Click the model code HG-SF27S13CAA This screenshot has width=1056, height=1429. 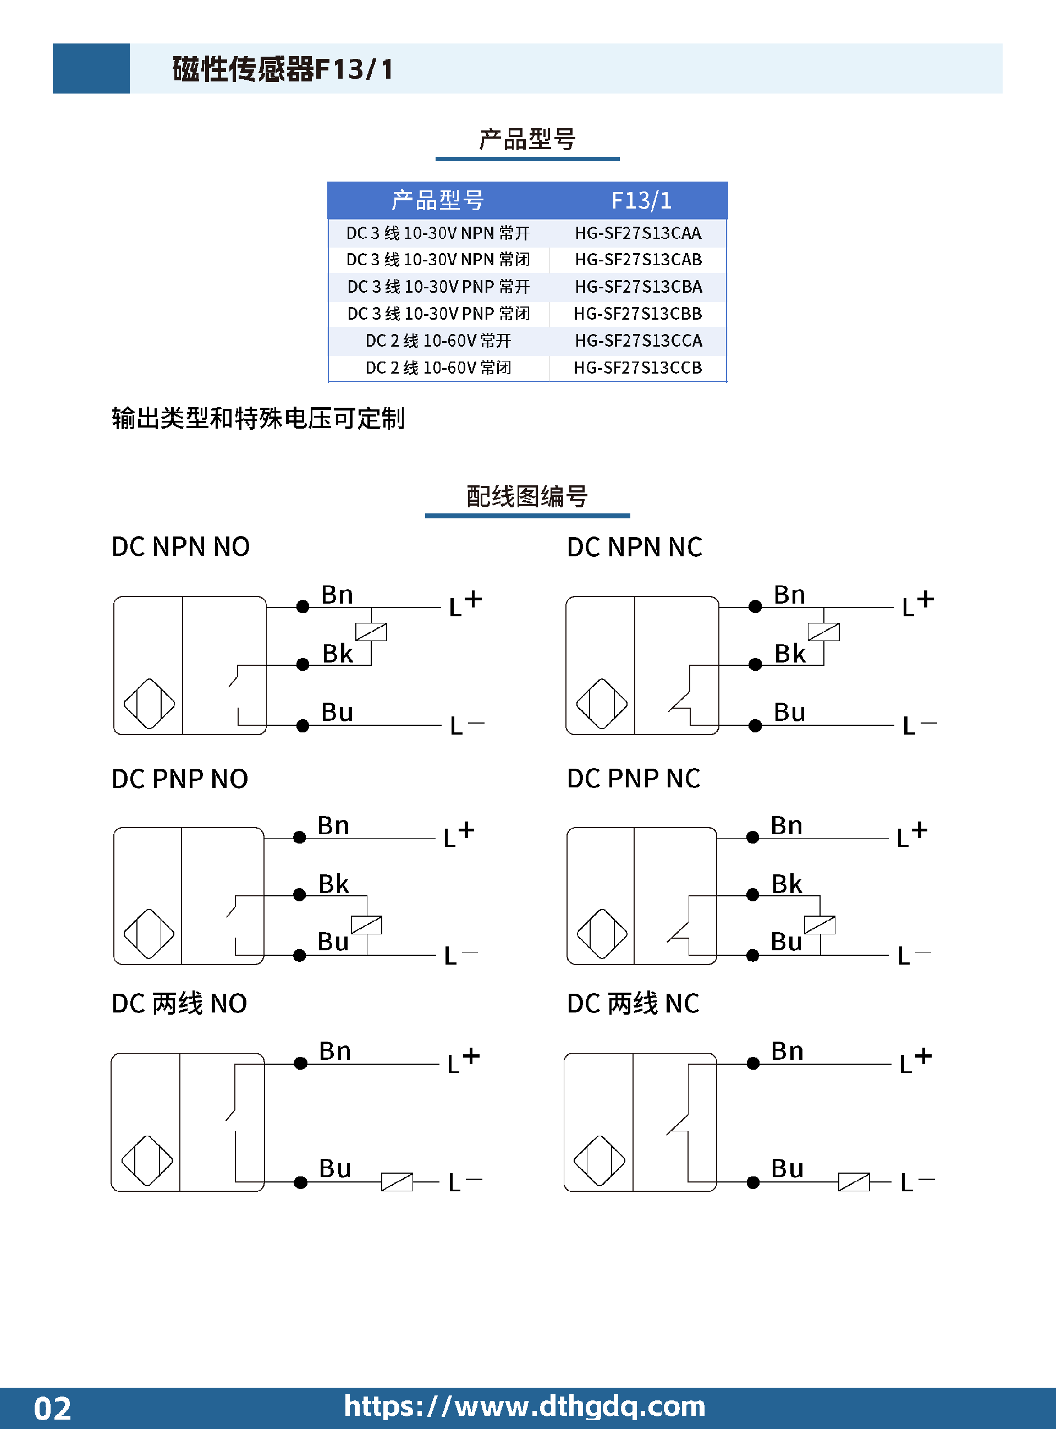click(638, 233)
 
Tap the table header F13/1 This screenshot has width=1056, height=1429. click(641, 201)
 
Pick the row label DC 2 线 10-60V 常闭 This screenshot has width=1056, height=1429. click(438, 368)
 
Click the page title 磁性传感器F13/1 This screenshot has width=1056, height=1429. click(283, 69)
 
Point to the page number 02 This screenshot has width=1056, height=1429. click(52, 1409)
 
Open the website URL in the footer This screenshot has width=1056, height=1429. click(525, 1406)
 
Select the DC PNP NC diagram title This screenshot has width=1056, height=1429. click(634, 779)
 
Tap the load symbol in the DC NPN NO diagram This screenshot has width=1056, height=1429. click(371, 632)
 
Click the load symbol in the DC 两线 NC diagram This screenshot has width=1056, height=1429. click(854, 1182)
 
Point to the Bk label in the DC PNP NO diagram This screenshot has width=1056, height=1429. click(334, 884)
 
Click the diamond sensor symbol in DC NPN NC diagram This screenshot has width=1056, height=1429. click(602, 704)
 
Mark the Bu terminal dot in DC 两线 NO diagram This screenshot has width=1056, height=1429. click(300, 1183)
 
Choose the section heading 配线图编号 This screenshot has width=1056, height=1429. click(527, 497)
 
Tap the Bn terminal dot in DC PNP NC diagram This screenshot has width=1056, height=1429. click(753, 837)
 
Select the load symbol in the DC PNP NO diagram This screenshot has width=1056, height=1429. click(367, 925)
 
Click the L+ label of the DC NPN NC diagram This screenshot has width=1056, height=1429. click(918, 603)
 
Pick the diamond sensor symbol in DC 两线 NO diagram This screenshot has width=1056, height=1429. click(147, 1160)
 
